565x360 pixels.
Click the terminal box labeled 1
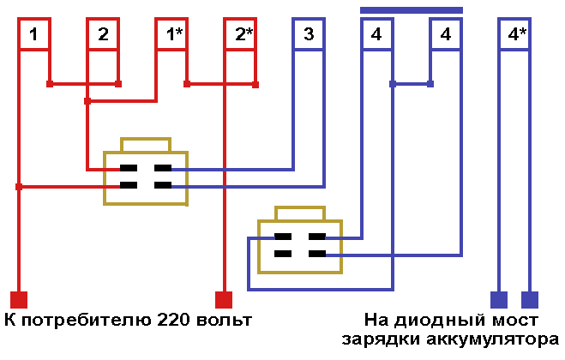coord(33,35)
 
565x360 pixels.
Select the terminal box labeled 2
coord(103,35)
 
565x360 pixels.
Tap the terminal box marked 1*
coord(173,35)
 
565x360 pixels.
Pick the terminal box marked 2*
coord(242,35)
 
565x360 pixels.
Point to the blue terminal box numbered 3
coord(309,35)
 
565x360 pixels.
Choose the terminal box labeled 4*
coord(516,35)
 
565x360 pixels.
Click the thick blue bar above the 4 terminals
coord(412,9)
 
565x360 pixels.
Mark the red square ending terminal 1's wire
coord(18,300)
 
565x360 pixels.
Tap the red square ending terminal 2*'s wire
coord(224,300)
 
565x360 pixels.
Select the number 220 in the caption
coord(174,321)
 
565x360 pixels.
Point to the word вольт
coord(224,321)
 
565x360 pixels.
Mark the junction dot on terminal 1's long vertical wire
coord(18,186)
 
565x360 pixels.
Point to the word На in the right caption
coord(377,321)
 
